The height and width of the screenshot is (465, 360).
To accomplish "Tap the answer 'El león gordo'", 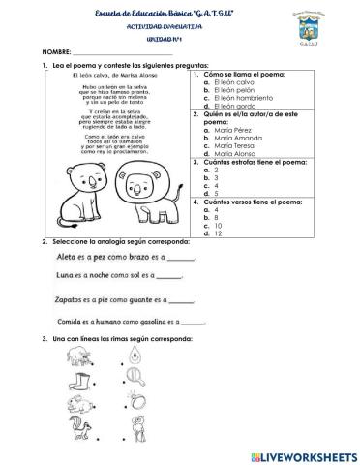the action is click(x=233, y=107).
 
